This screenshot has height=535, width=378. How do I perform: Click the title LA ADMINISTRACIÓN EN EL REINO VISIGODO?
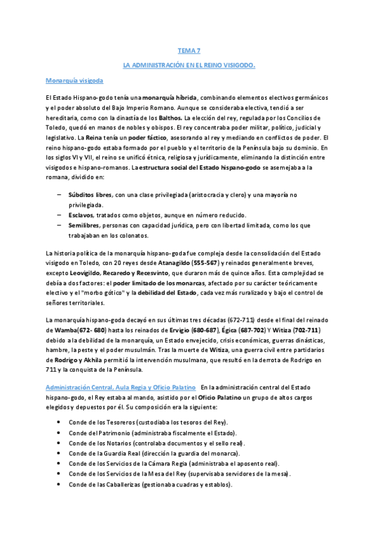(189, 64)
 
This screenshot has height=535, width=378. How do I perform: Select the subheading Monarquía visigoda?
(74, 81)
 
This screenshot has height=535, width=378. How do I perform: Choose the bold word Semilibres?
(85, 225)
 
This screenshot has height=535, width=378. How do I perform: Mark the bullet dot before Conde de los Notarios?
(59, 443)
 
